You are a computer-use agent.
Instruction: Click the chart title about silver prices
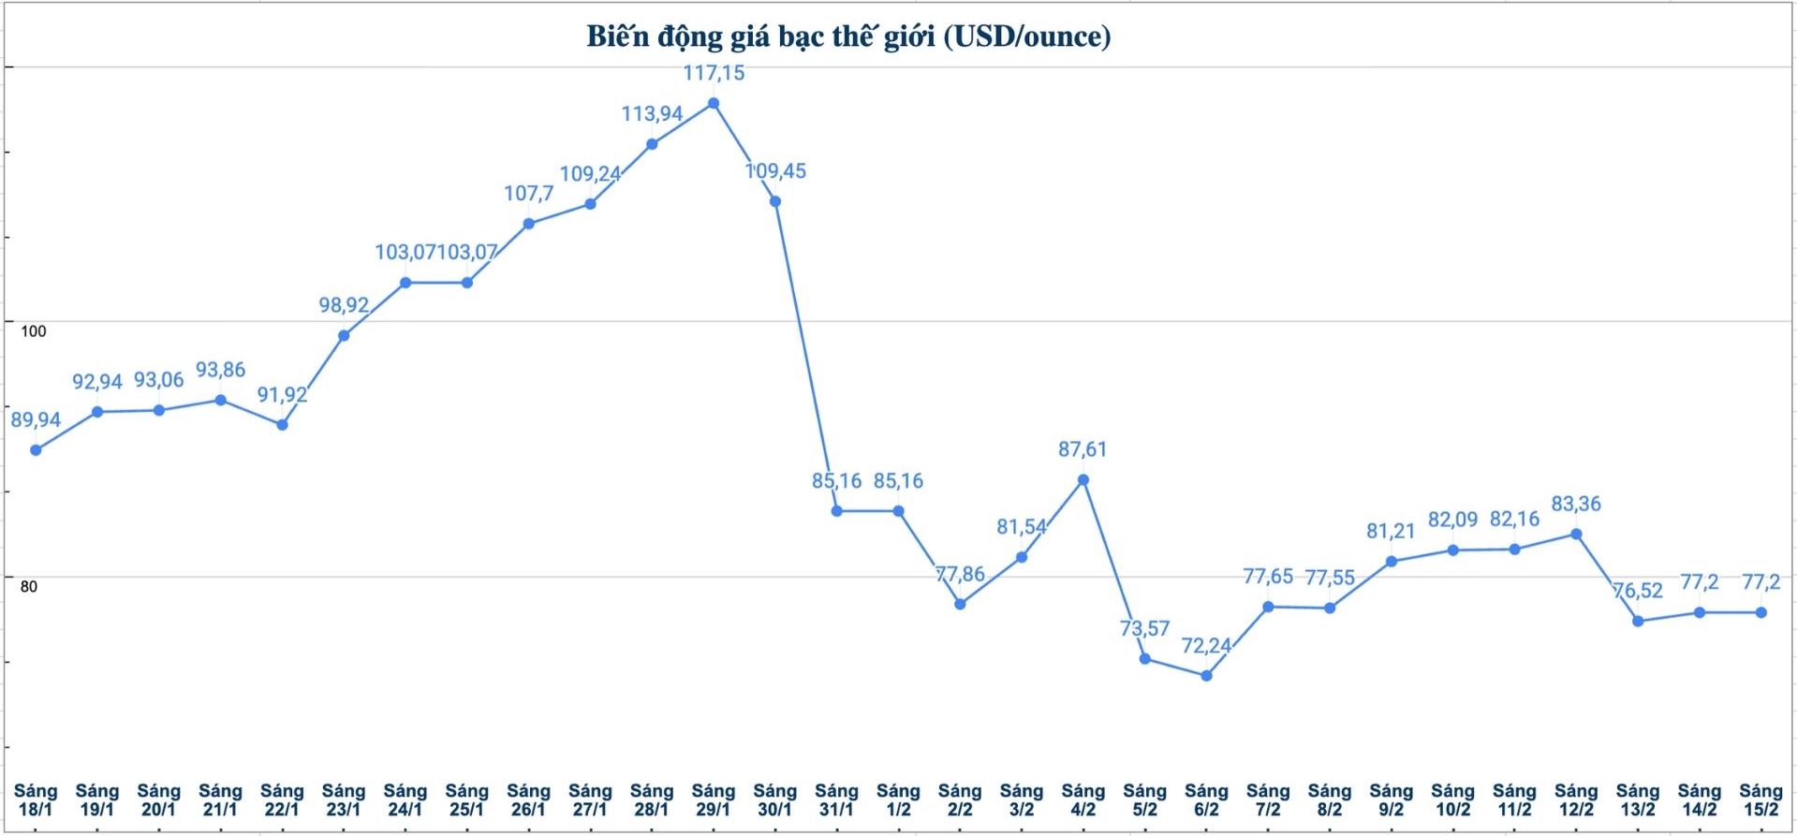pyautogui.click(x=848, y=37)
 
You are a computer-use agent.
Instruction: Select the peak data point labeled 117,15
pyautogui.click(x=714, y=103)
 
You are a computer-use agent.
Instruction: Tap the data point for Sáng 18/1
pyautogui.click(x=36, y=450)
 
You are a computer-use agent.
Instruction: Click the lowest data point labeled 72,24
pyautogui.click(x=1206, y=675)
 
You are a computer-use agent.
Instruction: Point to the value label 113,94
pyautogui.click(x=652, y=114)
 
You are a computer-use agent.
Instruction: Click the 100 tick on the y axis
pyautogui.click(x=34, y=331)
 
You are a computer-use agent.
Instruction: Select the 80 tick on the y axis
pyautogui.click(x=29, y=587)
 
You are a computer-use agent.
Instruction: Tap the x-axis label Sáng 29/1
pyautogui.click(x=714, y=800)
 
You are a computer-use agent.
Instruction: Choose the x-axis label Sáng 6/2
pyautogui.click(x=1206, y=800)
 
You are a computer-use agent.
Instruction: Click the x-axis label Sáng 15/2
pyautogui.click(x=1760, y=800)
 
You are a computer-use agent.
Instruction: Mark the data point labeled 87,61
pyautogui.click(x=1083, y=480)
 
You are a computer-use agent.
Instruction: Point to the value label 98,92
pyautogui.click(x=344, y=305)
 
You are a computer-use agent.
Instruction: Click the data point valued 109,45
pyautogui.click(x=775, y=201)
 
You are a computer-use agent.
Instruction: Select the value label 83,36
pyautogui.click(x=1576, y=505)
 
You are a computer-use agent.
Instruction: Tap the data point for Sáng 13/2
pyautogui.click(x=1638, y=621)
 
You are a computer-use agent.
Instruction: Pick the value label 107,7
pyautogui.click(x=529, y=194)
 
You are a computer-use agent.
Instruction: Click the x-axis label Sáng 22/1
pyautogui.click(x=282, y=800)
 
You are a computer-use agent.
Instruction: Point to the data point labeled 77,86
pyautogui.click(x=960, y=604)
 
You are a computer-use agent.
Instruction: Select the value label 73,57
pyautogui.click(x=1144, y=629)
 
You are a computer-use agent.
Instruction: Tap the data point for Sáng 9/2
pyautogui.click(x=1392, y=562)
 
